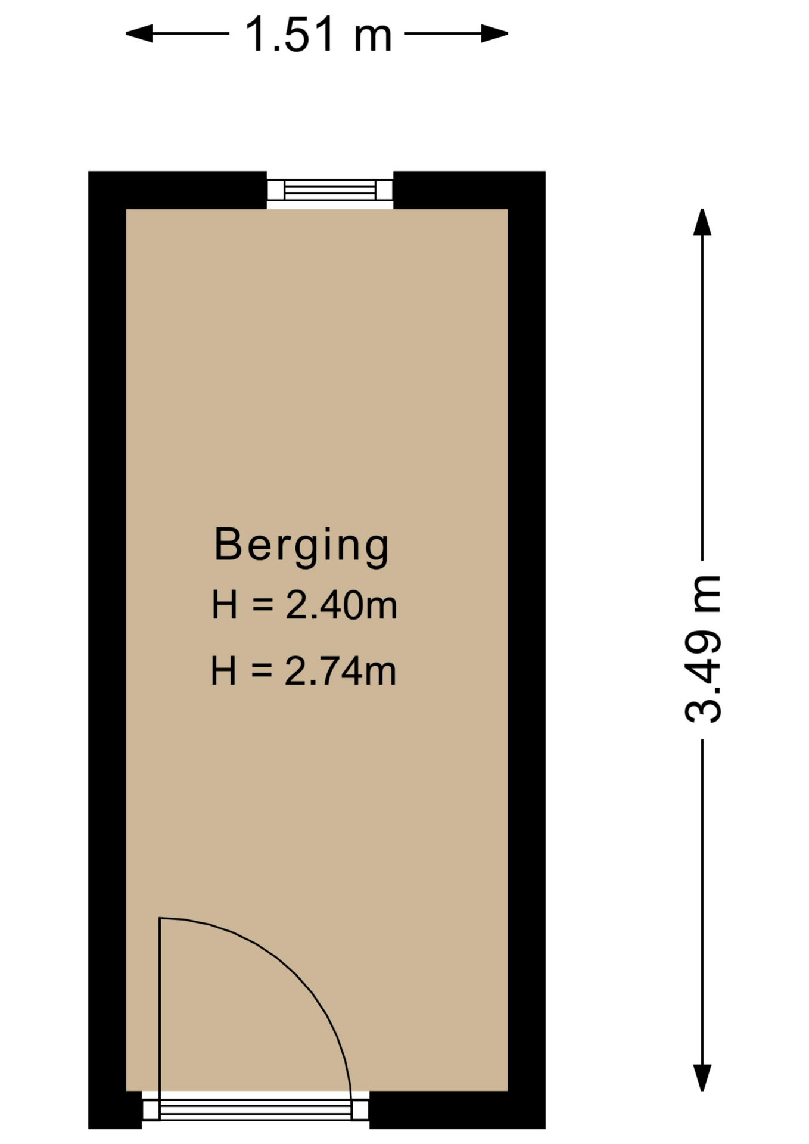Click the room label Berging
coord(301,545)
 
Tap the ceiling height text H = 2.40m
coord(304,605)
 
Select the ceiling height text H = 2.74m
coord(304,670)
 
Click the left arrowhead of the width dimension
coord(139,33)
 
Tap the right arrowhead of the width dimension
coord(494,33)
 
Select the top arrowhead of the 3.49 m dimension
coord(702,222)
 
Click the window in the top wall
coord(329,190)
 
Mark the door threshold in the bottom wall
coord(256,1109)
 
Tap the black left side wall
coord(107,649)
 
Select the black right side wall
coord(527,649)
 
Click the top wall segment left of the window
coord(178,190)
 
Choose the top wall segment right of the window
coord(469,190)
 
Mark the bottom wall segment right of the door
coord(458,1110)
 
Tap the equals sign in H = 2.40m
coord(262,605)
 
